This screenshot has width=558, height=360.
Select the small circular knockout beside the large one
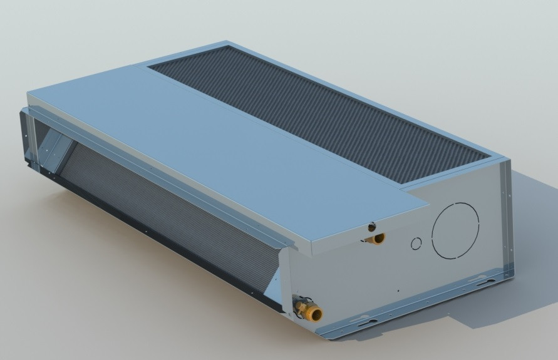[416, 244]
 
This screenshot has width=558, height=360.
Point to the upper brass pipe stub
[378, 239]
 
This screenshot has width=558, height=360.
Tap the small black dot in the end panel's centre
[398, 290]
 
